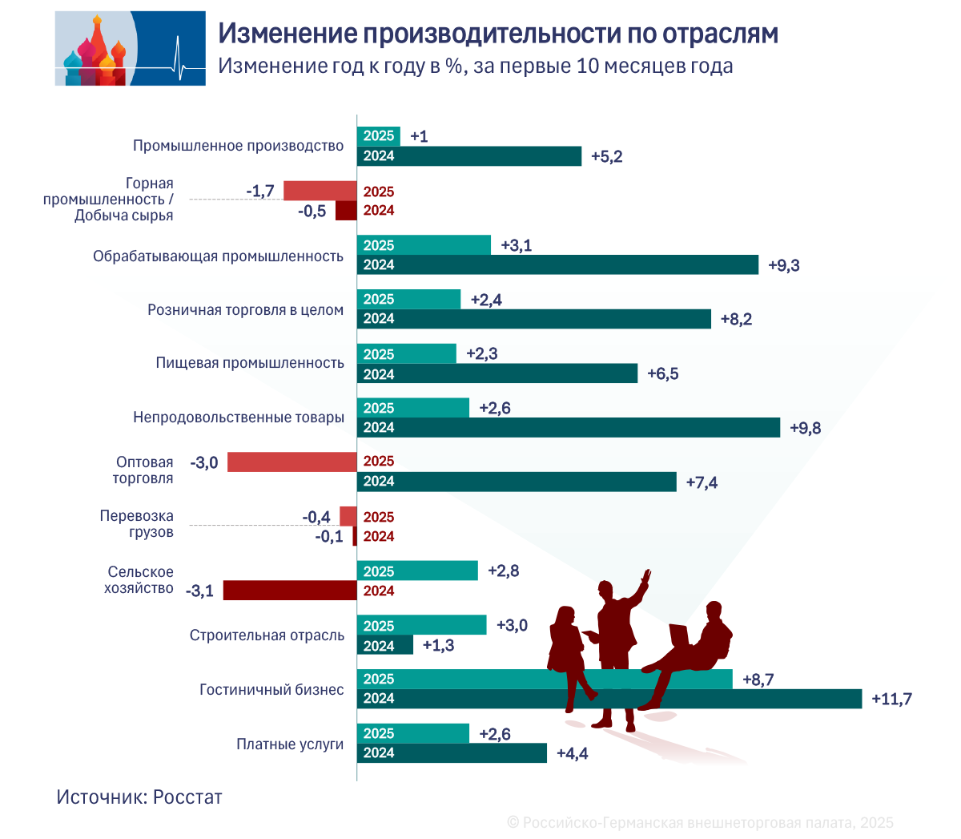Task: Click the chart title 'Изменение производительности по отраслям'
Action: click(497, 34)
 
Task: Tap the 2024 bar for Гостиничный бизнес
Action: click(609, 699)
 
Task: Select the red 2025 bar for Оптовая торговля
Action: click(292, 462)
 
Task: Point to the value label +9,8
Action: click(805, 428)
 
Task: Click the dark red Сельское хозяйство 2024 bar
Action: click(289, 591)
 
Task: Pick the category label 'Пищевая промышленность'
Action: click(250, 363)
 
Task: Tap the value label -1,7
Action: click(260, 191)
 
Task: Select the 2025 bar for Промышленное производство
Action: click(378, 136)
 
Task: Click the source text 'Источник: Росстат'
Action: click(139, 797)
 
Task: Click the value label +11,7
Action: click(891, 700)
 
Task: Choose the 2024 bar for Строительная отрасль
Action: click(384, 646)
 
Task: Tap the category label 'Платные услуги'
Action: click(290, 744)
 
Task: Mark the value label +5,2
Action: click(606, 157)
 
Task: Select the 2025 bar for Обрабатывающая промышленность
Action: click(424, 245)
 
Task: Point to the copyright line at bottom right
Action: click(700, 823)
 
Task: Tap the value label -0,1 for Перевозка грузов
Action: click(328, 537)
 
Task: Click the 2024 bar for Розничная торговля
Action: click(533, 319)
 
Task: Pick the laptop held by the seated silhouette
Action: click(679, 635)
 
